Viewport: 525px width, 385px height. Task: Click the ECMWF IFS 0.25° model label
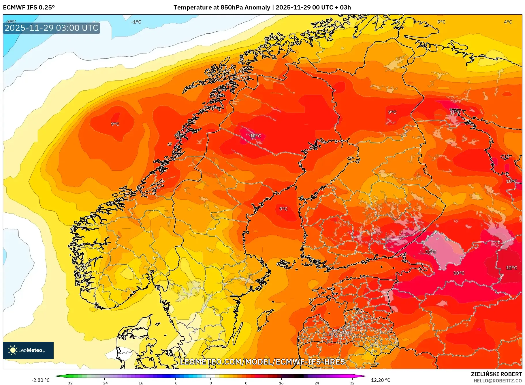pos(29,7)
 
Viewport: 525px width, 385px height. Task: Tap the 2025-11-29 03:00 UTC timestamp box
pos(51,28)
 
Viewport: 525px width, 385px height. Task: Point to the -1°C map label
pos(136,22)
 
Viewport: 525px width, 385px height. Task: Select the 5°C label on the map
pos(441,22)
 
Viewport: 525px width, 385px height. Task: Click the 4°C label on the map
pos(508,22)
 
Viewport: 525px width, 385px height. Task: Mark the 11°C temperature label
pos(431,252)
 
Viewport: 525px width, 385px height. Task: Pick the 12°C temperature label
pos(511,268)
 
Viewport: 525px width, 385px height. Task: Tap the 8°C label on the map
pos(332,334)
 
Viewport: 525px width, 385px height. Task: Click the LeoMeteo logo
pos(28,350)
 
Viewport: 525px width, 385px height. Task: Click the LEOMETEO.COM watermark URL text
pos(262,362)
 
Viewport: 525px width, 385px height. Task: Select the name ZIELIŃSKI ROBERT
pos(496,374)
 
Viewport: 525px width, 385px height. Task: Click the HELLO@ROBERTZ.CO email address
pos(498,381)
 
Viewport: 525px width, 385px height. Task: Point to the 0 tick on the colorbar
pos(211,383)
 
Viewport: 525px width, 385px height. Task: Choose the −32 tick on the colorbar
pos(69,383)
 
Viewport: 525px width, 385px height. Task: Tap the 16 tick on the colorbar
pos(281,383)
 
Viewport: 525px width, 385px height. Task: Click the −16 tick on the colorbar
pos(140,383)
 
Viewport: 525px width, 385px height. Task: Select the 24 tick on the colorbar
pos(317,383)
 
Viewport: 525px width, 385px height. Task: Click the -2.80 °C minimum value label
pos(40,380)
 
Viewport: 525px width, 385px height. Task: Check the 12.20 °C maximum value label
pos(381,380)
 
